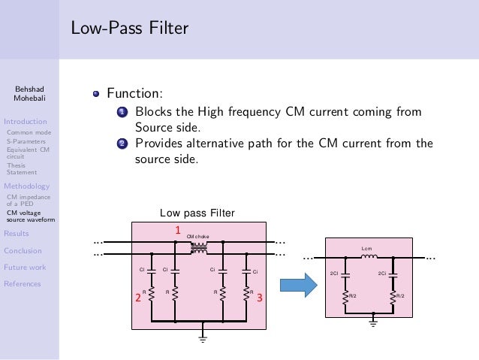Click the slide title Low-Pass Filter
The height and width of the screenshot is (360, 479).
point(129,29)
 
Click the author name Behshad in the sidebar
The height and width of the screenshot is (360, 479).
point(29,89)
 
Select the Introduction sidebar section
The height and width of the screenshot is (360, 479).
point(25,120)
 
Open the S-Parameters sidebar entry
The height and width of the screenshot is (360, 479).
point(26,141)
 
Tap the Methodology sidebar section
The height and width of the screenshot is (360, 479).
point(27,186)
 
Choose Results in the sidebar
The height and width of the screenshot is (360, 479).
point(17,234)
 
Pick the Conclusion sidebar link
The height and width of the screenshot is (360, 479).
point(23,250)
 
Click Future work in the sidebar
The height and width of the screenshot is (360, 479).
point(25,267)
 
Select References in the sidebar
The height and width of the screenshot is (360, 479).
point(23,283)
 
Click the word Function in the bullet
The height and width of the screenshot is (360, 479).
point(134,94)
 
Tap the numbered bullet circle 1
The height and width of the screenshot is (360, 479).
point(122,113)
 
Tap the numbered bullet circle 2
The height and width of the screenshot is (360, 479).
point(122,144)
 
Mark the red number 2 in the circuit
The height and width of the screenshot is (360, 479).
point(137,298)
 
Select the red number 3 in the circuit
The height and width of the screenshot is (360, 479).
point(259,298)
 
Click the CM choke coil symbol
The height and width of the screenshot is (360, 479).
point(199,247)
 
